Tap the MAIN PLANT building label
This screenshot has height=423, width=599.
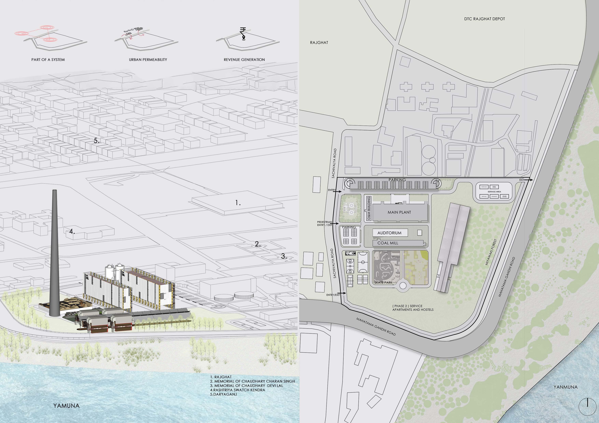click(x=399, y=212)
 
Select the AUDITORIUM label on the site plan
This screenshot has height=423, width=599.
click(x=389, y=233)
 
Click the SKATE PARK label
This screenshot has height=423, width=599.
click(x=383, y=282)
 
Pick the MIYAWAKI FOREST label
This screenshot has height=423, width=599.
click(x=491, y=252)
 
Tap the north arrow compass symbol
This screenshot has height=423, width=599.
click(x=587, y=406)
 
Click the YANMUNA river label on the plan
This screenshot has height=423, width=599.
click(x=565, y=387)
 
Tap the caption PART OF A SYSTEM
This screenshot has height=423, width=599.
click(x=48, y=60)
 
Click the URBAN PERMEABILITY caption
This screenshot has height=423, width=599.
click(x=148, y=60)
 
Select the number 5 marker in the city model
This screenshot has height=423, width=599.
click(x=96, y=141)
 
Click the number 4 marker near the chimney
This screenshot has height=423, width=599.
click(x=72, y=231)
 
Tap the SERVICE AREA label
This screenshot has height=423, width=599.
click(x=494, y=192)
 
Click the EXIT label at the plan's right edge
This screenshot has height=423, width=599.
click(x=521, y=180)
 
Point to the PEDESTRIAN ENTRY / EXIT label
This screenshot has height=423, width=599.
click(x=325, y=224)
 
